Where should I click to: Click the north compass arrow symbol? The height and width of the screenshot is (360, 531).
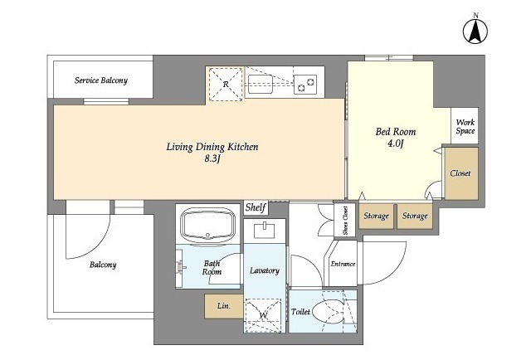point(475,32)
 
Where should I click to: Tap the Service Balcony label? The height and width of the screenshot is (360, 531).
point(101,80)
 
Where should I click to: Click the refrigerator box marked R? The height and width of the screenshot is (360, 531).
point(226,84)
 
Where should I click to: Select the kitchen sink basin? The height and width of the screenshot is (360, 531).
point(261,84)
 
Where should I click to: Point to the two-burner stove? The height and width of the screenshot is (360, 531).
point(305,85)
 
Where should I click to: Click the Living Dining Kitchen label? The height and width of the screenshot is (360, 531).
point(212,147)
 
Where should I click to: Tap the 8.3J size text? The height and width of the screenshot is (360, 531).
point(212,158)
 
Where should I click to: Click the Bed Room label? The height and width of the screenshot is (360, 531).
point(396,131)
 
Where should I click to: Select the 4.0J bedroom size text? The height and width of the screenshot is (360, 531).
point(396,144)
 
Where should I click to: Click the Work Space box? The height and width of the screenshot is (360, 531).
point(465,125)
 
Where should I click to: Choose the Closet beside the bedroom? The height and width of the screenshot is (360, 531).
point(461,173)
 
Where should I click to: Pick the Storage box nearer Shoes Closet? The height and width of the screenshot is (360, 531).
point(376,216)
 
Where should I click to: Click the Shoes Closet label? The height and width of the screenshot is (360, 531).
point(345,221)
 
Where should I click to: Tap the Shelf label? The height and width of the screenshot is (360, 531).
point(256,207)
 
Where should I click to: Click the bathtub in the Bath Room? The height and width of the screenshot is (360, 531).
point(207,224)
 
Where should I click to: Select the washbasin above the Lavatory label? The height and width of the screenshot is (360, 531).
point(264,230)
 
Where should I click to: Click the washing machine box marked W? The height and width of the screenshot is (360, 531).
point(263,315)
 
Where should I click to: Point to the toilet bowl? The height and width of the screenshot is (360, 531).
point(328,312)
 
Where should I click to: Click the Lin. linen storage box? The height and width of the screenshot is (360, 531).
point(223,306)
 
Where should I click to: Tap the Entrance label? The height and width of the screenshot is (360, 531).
point(343,264)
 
